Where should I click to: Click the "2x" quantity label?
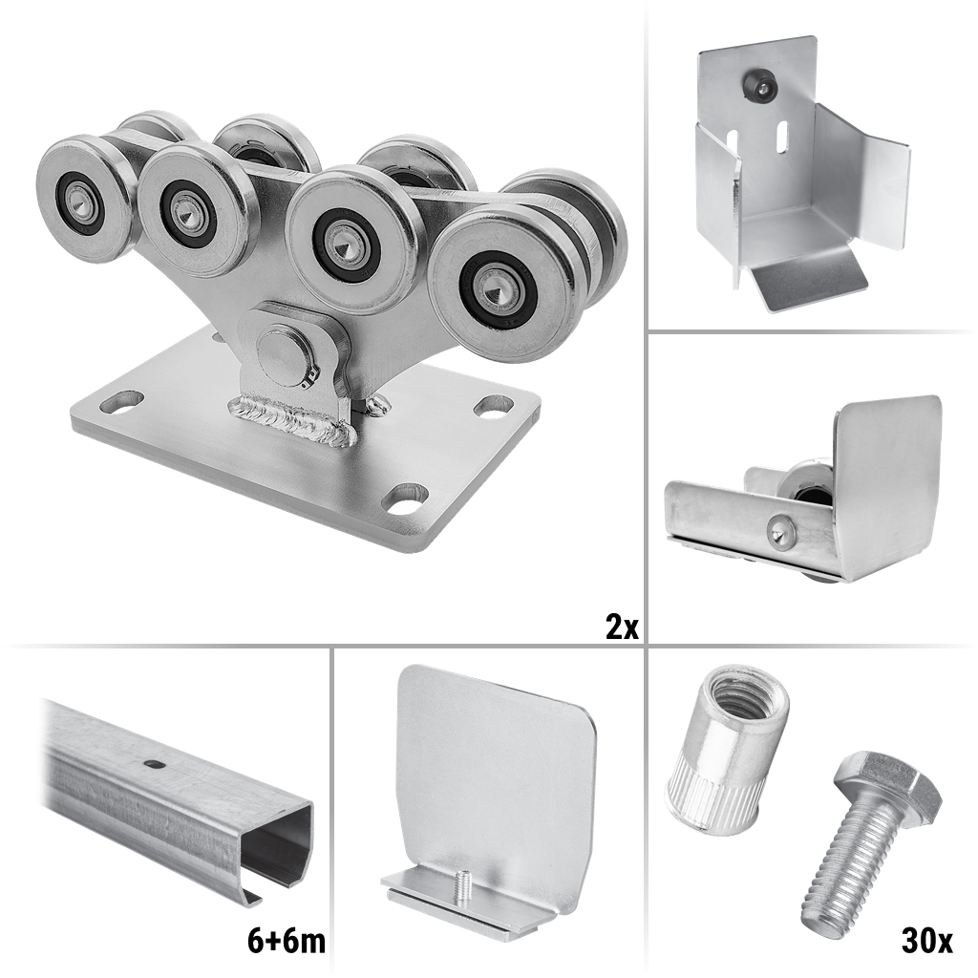622,627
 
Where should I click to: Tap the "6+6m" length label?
287,941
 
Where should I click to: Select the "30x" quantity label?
926,941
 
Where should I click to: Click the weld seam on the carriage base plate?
293,419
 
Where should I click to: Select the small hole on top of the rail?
152,762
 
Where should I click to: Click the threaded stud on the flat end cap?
462,885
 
